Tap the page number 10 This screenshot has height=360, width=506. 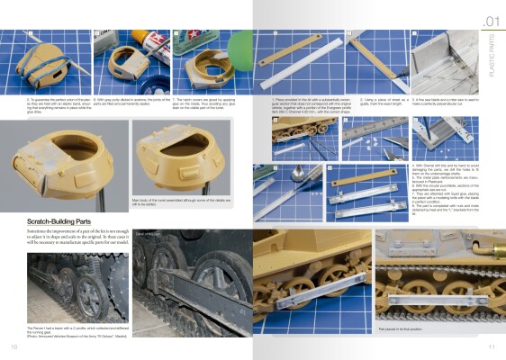point(14,346)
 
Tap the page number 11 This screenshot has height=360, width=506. point(492,346)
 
